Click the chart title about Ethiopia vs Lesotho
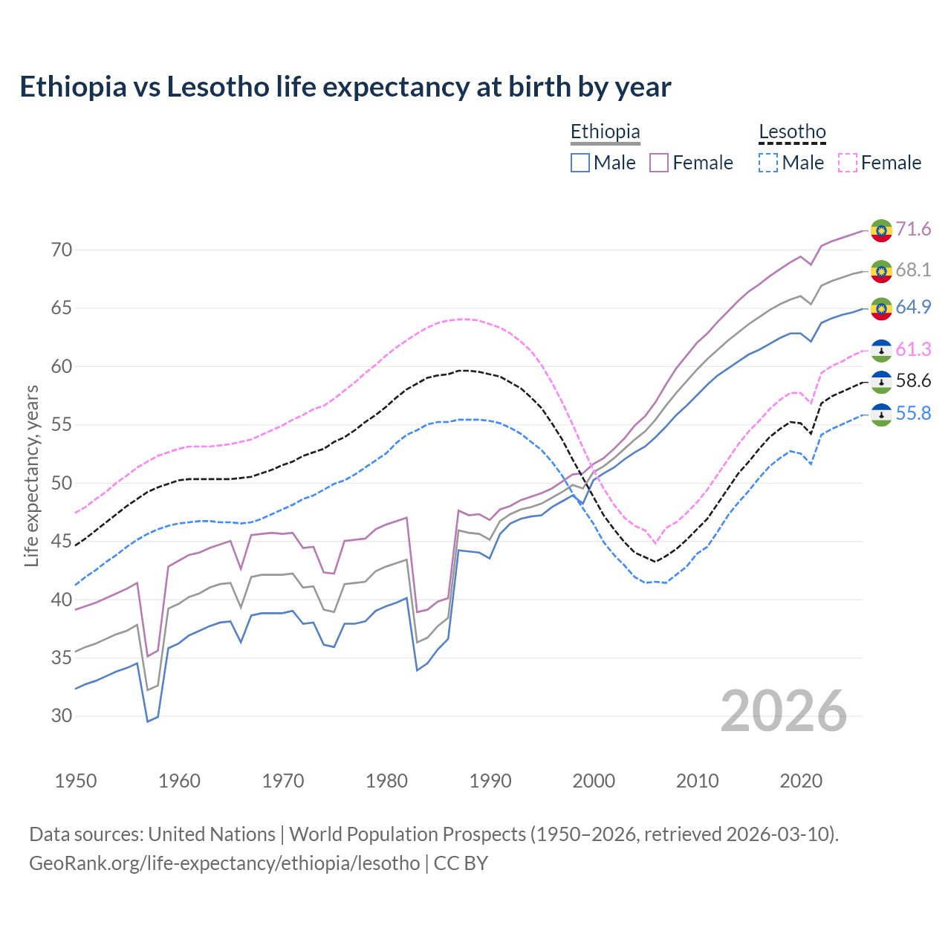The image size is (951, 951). pyautogui.click(x=345, y=87)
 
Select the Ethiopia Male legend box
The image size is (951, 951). pyautogui.click(x=580, y=163)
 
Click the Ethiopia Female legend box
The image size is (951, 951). pyautogui.click(x=659, y=163)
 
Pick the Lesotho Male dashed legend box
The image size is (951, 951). pyautogui.click(x=768, y=163)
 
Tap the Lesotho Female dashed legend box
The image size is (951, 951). pyautogui.click(x=848, y=163)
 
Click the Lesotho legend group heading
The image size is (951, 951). pyautogui.click(x=792, y=132)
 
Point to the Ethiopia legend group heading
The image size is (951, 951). pyautogui.click(x=605, y=132)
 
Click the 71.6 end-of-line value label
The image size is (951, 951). pyautogui.click(x=913, y=229)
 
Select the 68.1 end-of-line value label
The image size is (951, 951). pyautogui.click(x=913, y=270)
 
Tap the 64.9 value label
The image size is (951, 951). pyautogui.click(x=913, y=307)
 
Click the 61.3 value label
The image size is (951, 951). pyautogui.click(x=913, y=349)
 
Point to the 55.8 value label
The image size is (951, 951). pyautogui.click(x=913, y=413)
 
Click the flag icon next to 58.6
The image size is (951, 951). pyautogui.click(x=881, y=382)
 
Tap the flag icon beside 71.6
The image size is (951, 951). pyautogui.click(x=881, y=230)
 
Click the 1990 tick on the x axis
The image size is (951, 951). pyautogui.click(x=490, y=781)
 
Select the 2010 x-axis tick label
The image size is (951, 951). pyautogui.click(x=697, y=781)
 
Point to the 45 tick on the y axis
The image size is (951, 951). pyautogui.click(x=62, y=542)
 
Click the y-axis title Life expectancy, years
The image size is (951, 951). pyautogui.click(x=31, y=475)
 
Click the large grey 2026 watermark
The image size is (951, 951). pyautogui.click(x=783, y=711)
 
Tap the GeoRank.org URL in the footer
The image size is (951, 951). pyautogui.click(x=224, y=863)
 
